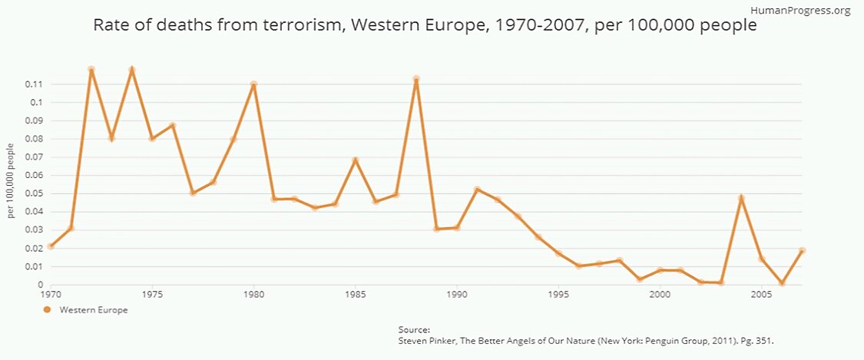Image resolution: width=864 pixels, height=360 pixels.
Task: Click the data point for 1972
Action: point(91,70)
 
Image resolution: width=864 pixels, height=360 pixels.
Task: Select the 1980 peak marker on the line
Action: point(253,84)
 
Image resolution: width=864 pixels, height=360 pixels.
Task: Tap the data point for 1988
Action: point(416,79)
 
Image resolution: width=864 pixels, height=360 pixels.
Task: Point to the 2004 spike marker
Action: point(742,198)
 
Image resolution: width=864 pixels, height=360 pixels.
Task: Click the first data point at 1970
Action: point(51,246)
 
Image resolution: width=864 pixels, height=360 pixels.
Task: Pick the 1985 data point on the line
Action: point(356,160)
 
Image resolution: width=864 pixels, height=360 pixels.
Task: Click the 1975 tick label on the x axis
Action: point(152,294)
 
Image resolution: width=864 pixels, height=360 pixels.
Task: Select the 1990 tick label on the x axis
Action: point(457,294)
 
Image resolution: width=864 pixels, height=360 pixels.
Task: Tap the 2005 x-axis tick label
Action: point(762,294)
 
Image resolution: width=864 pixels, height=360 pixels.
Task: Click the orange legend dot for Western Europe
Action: point(47,310)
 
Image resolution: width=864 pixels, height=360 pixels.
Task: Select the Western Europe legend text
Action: point(94,310)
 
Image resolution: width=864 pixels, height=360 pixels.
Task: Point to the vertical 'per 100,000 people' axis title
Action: point(12,180)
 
